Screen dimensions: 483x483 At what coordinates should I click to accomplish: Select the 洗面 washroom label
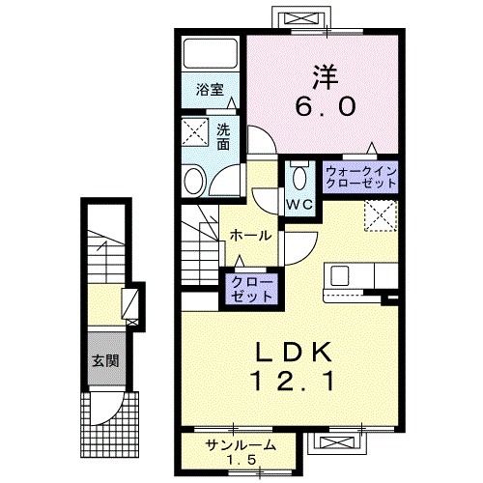tap(222, 136)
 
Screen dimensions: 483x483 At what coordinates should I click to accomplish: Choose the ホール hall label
tap(250, 236)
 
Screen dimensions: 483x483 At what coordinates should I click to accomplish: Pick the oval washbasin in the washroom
tap(194, 180)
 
